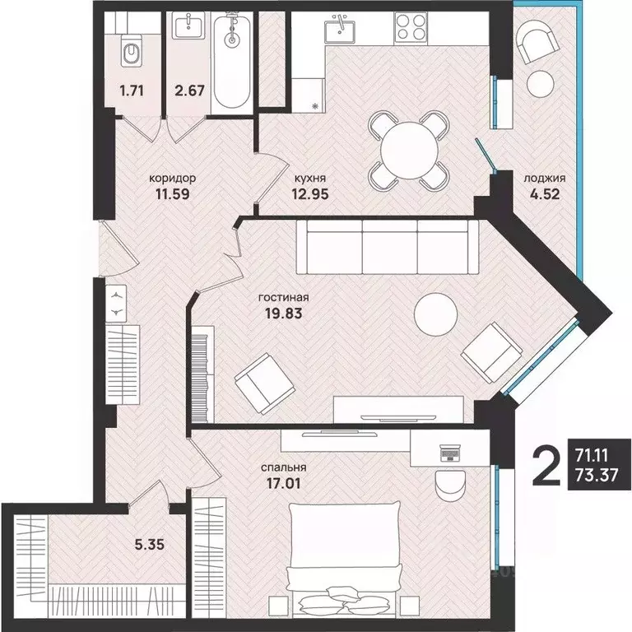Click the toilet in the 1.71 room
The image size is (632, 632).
(x=132, y=50)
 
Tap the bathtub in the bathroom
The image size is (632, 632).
(x=231, y=59)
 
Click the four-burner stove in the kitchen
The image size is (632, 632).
(x=411, y=27)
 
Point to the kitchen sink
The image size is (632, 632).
(x=341, y=30)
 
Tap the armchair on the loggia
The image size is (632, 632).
(x=536, y=40)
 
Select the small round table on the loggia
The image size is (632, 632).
(x=540, y=83)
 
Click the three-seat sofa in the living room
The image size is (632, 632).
(x=388, y=247)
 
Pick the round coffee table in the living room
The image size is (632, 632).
(x=435, y=314)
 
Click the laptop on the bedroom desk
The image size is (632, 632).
(x=449, y=453)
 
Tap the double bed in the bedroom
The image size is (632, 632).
(x=344, y=560)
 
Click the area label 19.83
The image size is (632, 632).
(x=284, y=314)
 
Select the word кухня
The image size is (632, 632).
(x=310, y=178)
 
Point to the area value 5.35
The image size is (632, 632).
(x=150, y=545)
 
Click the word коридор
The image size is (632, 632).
(x=173, y=178)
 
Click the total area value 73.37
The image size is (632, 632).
(x=597, y=475)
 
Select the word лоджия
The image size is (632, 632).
(x=545, y=178)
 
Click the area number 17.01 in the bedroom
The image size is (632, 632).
(x=284, y=483)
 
